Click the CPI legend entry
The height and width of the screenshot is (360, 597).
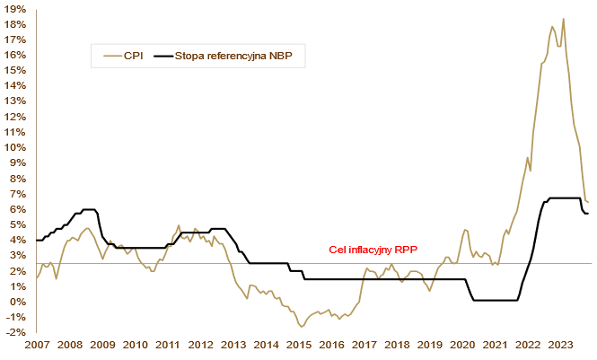(132, 56)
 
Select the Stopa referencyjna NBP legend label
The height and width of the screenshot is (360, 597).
(236, 56)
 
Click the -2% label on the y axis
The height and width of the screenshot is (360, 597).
(15, 333)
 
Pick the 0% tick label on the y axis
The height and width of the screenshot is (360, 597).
(17, 302)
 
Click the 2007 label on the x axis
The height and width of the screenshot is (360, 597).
(37, 346)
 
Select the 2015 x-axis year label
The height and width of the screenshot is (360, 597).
(299, 346)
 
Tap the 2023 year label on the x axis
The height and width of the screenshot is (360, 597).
(561, 346)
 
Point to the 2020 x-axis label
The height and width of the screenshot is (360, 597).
(462, 346)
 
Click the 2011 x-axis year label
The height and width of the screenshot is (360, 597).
(168, 346)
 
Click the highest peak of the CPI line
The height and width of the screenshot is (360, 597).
(563, 19)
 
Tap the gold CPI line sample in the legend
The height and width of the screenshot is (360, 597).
(111, 56)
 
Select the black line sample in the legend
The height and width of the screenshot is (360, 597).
(163, 56)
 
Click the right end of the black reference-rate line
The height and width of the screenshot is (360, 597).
(588, 213)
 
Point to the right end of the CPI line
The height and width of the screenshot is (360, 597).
(588, 202)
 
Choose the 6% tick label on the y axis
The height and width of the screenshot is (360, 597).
(17, 209)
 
